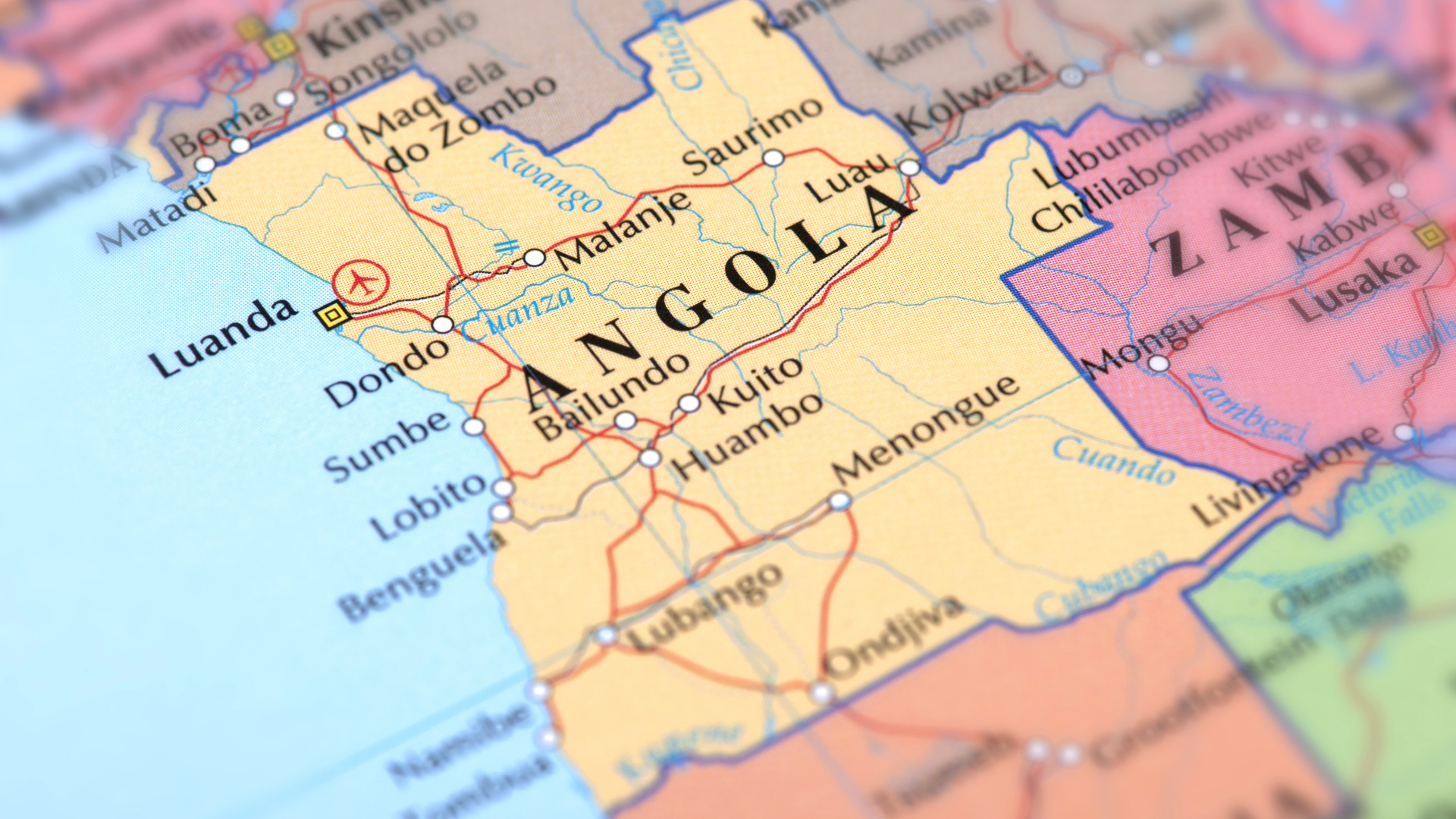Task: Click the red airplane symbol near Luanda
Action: point(362,281)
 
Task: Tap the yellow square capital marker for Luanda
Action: point(332,315)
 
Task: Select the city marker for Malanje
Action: point(535,258)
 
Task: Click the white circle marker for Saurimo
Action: point(773,158)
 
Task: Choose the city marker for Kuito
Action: point(689,403)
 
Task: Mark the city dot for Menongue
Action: point(839,500)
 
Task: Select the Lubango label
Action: point(706,607)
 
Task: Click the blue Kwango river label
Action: point(546,177)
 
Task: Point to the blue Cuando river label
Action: point(1114,460)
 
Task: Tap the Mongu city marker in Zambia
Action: point(1158,363)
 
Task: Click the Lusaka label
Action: point(1354,285)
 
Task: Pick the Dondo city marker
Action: point(442,325)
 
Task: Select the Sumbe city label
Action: point(387,446)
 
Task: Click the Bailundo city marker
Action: point(625,420)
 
